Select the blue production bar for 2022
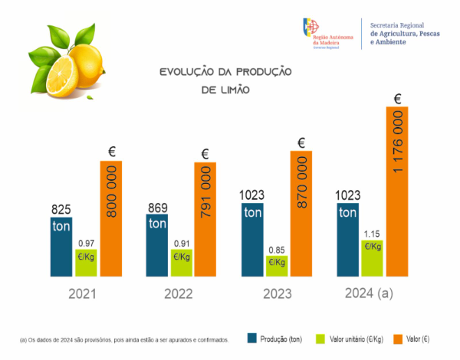pyautogui.click(x=158, y=244)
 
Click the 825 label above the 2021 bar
pyautogui.click(x=61, y=209)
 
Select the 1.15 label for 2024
pyautogui.click(x=373, y=233)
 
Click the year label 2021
pyautogui.click(x=83, y=294)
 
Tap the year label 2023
pyautogui.click(x=274, y=294)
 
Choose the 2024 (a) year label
pyautogui.click(x=370, y=294)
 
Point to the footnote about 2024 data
pyautogui.click(x=123, y=339)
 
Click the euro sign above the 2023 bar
pyautogui.click(x=301, y=142)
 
